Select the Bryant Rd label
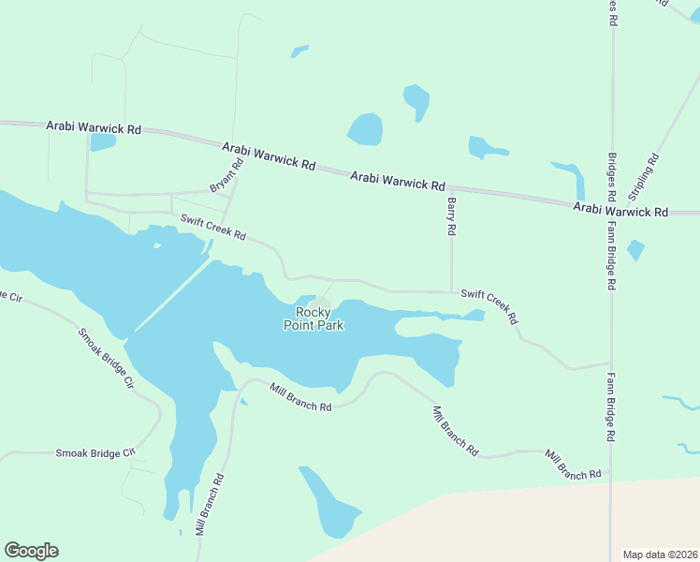[x=226, y=176]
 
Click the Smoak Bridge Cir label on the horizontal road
[x=95, y=452]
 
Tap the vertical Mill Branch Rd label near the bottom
[x=210, y=504]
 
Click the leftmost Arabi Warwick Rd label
[x=93, y=127]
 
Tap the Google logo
[x=31, y=551]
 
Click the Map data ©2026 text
[x=660, y=555]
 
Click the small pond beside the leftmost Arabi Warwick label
[x=102, y=142]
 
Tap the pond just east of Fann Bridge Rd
[x=635, y=250]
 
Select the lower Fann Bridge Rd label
[x=610, y=407]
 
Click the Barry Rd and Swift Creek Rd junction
[x=452, y=291]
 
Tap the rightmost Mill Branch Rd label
[x=573, y=465]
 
